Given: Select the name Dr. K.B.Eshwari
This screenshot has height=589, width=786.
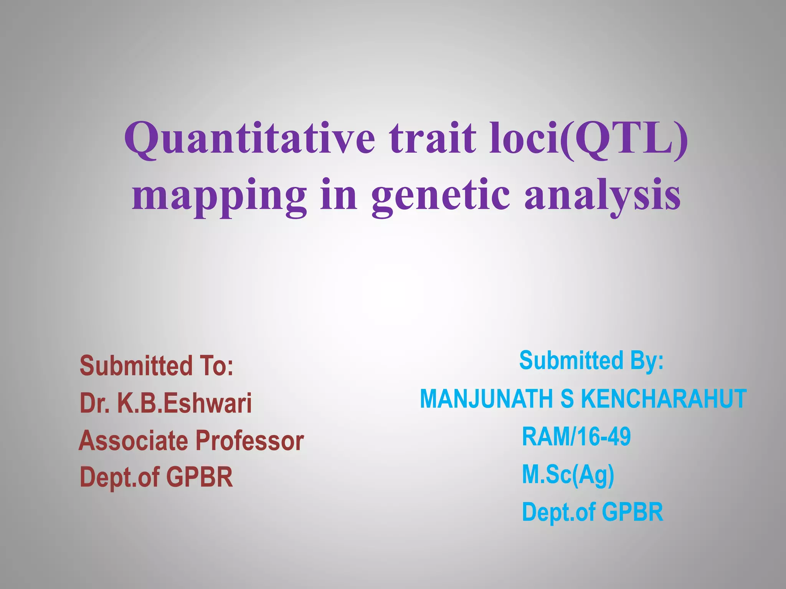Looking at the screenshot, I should [165, 403].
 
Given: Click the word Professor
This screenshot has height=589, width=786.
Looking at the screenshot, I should [249, 441].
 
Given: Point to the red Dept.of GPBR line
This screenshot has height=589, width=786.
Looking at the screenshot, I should [156, 477].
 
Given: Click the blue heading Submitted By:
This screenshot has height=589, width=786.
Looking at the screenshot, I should [591, 361].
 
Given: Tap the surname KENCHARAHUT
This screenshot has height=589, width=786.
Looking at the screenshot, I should [664, 399].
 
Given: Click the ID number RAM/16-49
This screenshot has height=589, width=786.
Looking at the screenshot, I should [576, 437].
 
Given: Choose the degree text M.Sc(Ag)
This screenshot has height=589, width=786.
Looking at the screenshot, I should [568, 475].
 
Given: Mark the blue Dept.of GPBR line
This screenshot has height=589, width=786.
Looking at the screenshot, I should [592, 512].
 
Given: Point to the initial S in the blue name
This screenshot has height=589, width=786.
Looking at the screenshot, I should [567, 399].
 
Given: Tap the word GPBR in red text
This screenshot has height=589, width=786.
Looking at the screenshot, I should [199, 477].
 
